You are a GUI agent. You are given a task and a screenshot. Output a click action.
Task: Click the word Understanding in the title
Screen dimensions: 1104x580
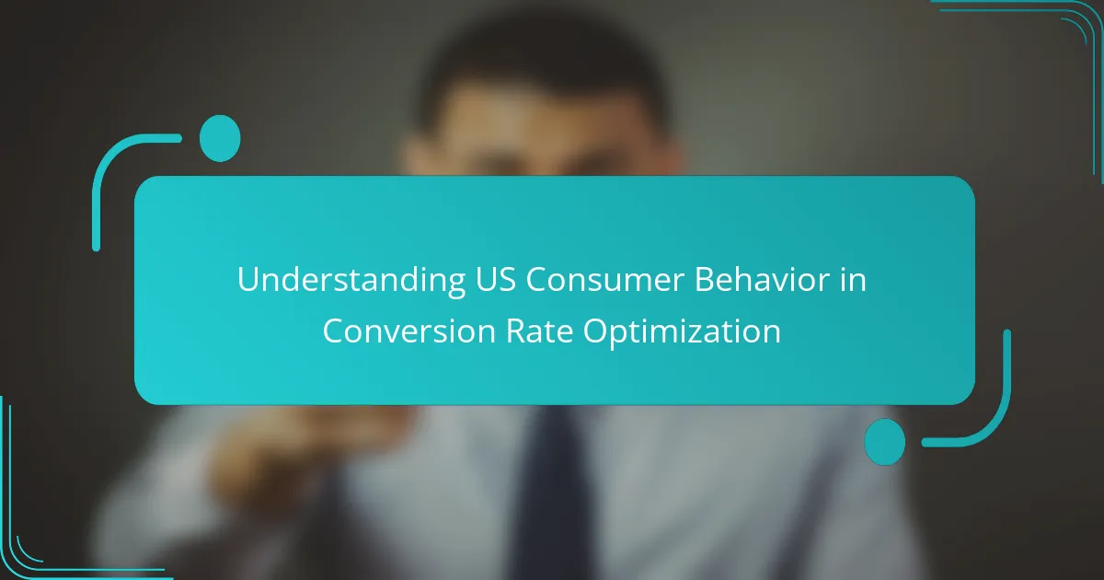coord(351,280)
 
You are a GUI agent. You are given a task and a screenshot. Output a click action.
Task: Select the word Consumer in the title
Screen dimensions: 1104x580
coord(605,280)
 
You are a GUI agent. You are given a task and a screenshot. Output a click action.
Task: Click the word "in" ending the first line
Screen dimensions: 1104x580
coord(853,279)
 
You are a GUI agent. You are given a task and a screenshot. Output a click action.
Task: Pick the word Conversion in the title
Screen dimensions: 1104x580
coord(409,331)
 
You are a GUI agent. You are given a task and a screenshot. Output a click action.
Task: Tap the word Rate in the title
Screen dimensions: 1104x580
coord(540,331)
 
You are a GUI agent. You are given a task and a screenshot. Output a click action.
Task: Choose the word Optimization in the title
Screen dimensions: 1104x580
coord(682,332)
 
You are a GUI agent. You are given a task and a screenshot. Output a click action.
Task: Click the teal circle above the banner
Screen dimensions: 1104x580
coord(220,138)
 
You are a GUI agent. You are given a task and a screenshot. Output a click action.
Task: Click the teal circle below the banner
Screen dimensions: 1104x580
coord(885,442)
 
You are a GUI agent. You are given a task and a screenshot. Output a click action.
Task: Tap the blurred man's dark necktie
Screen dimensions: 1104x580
coord(553,493)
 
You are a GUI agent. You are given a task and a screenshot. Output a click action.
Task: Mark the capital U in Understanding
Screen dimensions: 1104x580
coord(249,280)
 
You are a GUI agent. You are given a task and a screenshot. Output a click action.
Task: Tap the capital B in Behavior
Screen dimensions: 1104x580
coord(705,280)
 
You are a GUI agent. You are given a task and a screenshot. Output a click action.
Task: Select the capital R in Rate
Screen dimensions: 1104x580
coord(516,331)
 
